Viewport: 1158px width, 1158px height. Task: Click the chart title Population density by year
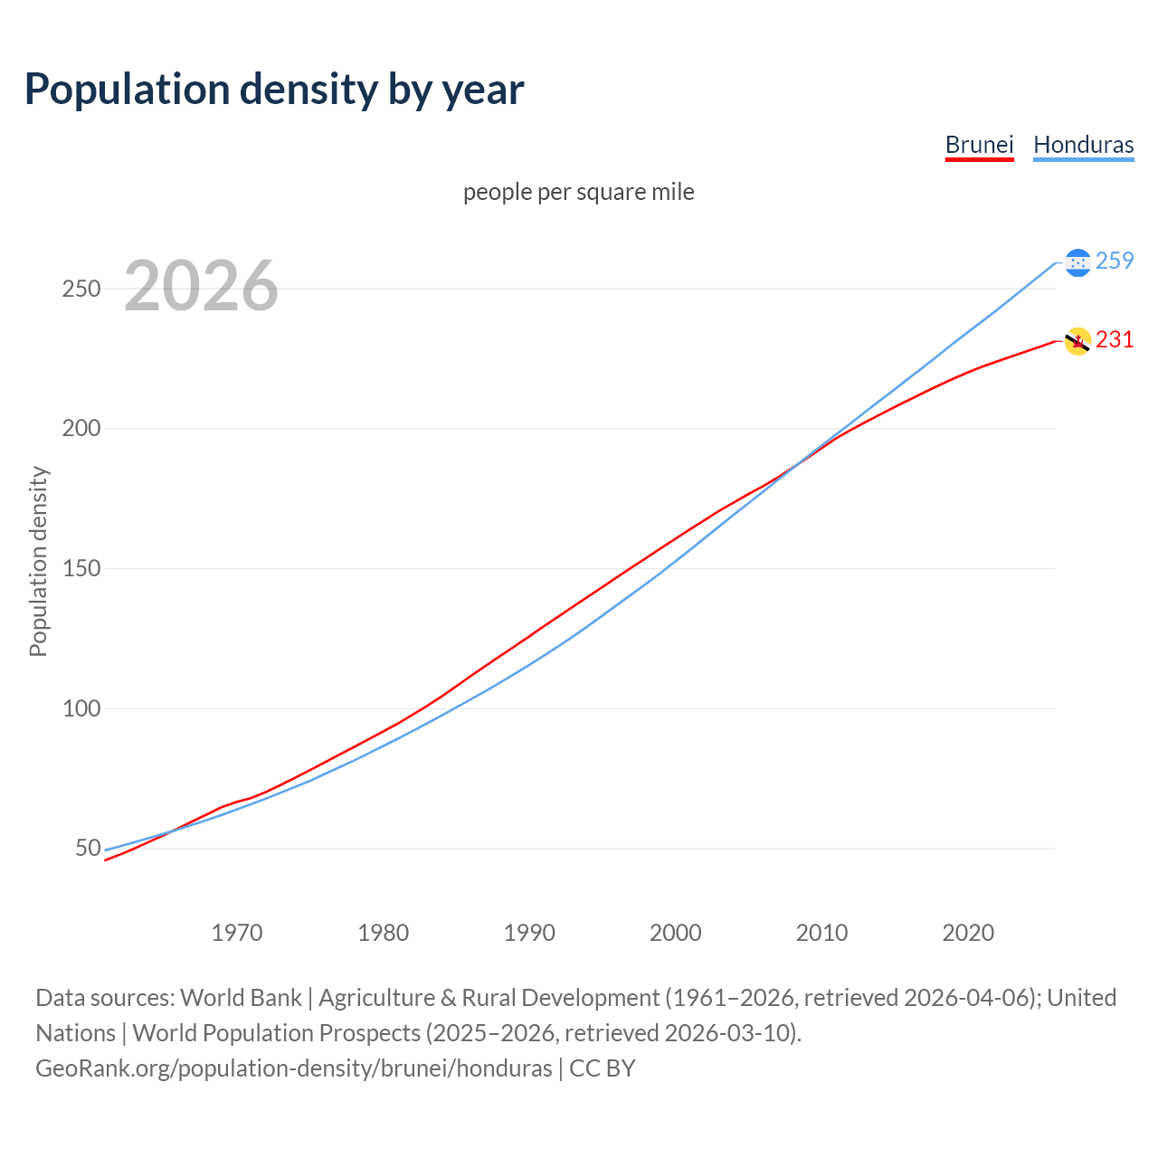[274, 89]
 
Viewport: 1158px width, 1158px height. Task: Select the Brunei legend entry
[979, 145]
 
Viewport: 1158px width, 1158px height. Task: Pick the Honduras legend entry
[1083, 145]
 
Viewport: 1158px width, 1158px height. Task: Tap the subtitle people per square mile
[578, 192]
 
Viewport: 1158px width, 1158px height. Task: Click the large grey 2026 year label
[201, 286]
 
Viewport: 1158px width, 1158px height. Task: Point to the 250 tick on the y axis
[81, 289]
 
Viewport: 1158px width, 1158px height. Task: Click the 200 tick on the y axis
[81, 429]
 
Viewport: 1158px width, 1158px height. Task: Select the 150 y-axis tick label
[81, 569]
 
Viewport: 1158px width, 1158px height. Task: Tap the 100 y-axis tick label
[81, 708]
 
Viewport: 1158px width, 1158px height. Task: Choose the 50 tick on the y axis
[88, 849]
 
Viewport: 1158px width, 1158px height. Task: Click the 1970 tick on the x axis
[237, 933]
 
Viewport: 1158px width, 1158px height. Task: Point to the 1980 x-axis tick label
[384, 933]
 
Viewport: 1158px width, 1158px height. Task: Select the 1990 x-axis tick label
[529, 933]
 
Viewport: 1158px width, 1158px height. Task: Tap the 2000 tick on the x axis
[676, 933]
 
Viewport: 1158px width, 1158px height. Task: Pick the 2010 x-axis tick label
[821, 933]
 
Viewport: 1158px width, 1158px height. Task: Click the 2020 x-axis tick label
[968, 933]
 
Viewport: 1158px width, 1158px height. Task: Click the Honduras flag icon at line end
[1077, 262]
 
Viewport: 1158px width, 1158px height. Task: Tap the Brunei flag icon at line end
[1077, 341]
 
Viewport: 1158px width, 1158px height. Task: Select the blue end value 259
[1115, 261]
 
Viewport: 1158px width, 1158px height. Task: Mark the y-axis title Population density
[38, 561]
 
